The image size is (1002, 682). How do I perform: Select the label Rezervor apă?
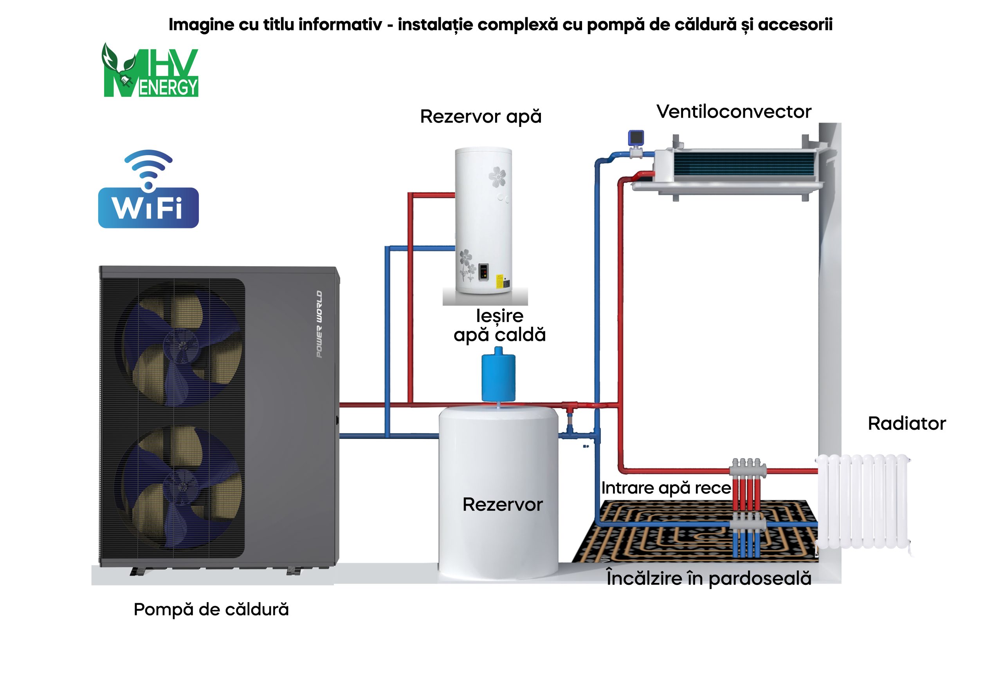tap(480, 117)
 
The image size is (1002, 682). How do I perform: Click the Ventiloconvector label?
tap(733, 112)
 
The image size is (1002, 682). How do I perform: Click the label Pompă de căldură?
tap(211, 610)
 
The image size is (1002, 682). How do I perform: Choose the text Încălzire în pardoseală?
tap(708, 579)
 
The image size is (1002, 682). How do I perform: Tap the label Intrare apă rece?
tap(666, 488)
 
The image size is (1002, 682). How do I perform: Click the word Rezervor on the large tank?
tap(502, 505)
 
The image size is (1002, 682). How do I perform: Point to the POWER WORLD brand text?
tap(319, 324)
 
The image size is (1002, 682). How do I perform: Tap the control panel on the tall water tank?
tap(483, 271)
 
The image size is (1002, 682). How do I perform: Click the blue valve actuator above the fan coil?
tap(636, 138)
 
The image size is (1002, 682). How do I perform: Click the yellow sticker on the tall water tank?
tap(499, 281)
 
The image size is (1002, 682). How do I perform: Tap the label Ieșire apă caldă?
tap(499, 326)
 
